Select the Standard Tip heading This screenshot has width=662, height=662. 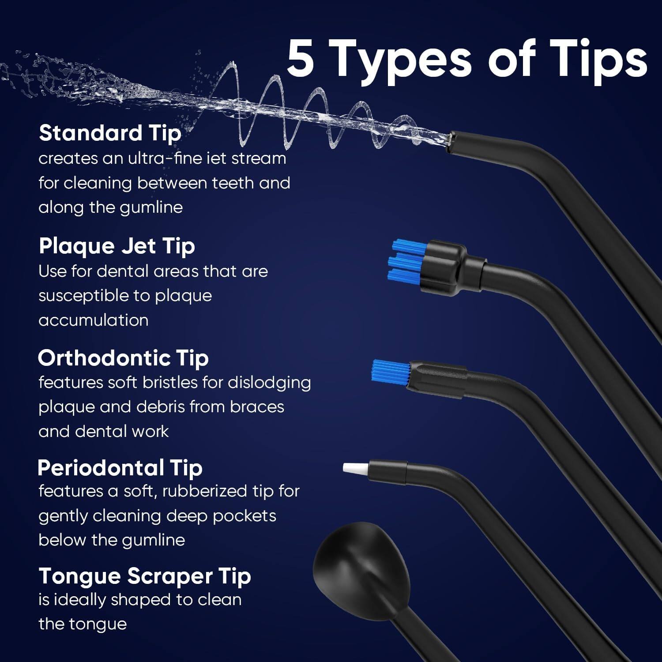[110, 133]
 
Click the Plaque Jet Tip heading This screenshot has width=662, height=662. [117, 246]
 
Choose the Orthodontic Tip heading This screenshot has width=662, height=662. [123, 358]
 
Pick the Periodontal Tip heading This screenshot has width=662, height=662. [120, 468]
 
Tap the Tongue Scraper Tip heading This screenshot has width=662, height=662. [145, 576]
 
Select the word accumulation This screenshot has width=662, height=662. [93, 320]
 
